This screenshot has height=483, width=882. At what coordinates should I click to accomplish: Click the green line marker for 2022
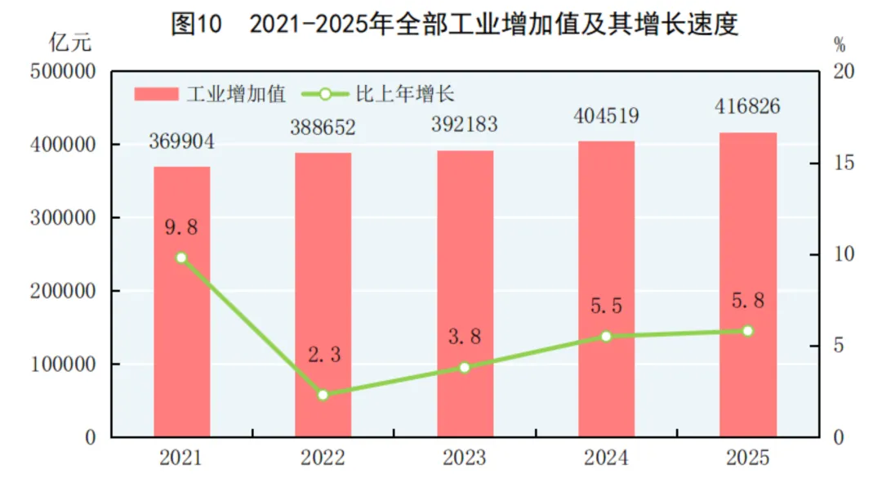323,395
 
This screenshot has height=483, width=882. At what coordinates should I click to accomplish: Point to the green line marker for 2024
606,336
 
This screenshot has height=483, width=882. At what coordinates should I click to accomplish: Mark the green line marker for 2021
181,257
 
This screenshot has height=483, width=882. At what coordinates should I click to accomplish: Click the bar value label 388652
323,128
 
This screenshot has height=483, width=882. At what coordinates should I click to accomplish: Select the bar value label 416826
747,106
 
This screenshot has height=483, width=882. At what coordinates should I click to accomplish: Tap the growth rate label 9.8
181,226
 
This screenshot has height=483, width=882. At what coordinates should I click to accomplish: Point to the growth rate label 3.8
464,336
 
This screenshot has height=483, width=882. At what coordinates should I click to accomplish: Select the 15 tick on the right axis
844,163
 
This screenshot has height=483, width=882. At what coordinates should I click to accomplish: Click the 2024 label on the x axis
606,458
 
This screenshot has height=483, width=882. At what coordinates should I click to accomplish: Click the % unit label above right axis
840,42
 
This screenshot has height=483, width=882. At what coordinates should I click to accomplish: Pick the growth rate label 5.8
747,300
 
